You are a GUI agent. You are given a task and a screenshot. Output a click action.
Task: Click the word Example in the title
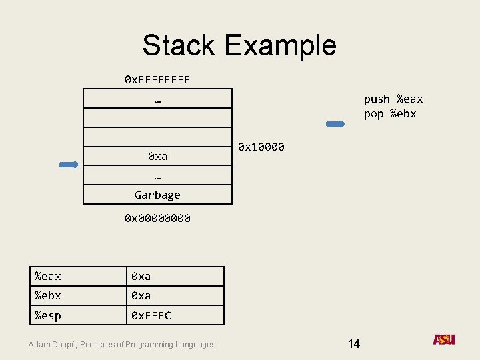(x=280, y=45)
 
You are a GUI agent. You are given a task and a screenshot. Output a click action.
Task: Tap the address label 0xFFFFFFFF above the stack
(x=157, y=80)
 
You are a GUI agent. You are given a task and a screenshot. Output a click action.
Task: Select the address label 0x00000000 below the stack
(x=157, y=218)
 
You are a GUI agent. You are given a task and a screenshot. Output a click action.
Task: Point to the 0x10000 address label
(x=261, y=147)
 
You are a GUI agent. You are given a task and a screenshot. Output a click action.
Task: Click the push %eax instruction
(x=393, y=99)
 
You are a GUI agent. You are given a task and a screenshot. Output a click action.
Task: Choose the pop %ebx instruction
(x=389, y=114)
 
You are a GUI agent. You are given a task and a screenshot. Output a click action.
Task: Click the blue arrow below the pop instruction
(x=335, y=124)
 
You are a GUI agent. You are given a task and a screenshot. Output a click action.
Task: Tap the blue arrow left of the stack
(x=69, y=164)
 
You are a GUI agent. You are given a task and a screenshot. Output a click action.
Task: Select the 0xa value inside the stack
(x=157, y=157)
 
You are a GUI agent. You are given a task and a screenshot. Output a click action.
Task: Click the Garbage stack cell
(x=157, y=195)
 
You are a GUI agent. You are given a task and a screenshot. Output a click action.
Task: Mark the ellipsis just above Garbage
(x=157, y=176)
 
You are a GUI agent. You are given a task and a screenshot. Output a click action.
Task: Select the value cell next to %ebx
(x=175, y=295)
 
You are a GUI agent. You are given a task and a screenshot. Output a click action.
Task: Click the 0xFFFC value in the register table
(x=151, y=315)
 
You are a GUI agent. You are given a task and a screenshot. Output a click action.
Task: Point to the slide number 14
(x=353, y=344)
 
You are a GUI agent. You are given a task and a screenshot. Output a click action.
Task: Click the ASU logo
(x=443, y=339)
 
